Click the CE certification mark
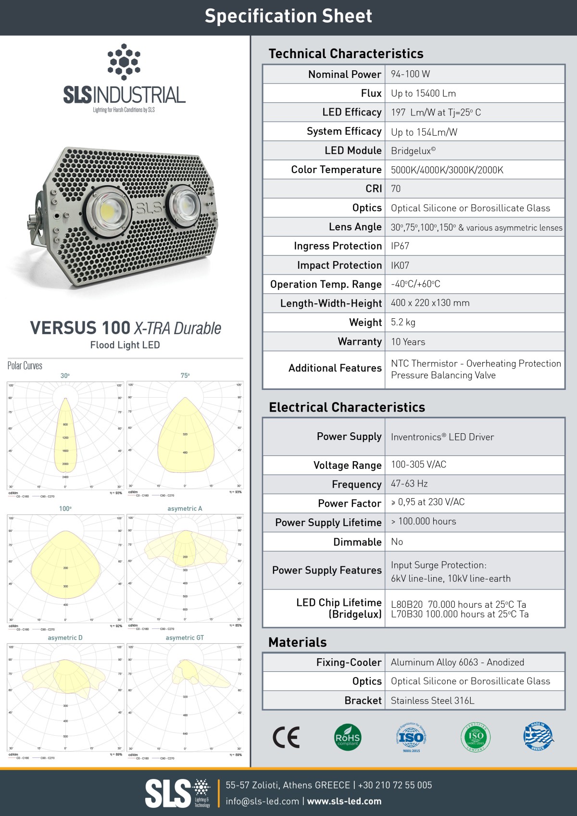(x=286, y=737)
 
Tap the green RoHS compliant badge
(x=347, y=737)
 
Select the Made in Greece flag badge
(x=538, y=737)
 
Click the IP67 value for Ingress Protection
(x=400, y=246)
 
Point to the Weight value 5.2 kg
(x=403, y=322)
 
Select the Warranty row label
(x=359, y=342)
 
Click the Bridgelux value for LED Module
(x=413, y=151)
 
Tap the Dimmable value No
(x=397, y=542)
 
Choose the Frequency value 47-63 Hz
(x=409, y=484)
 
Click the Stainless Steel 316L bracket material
(x=432, y=701)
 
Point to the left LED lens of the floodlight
(x=109, y=210)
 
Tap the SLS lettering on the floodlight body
(x=149, y=209)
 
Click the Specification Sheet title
(x=288, y=16)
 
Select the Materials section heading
(x=297, y=642)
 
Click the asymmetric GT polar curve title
(x=185, y=638)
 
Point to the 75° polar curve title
(x=185, y=376)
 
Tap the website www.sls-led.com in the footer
(x=344, y=801)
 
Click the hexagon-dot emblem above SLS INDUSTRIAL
(x=124, y=62)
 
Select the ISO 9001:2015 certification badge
(x=411, y=737)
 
